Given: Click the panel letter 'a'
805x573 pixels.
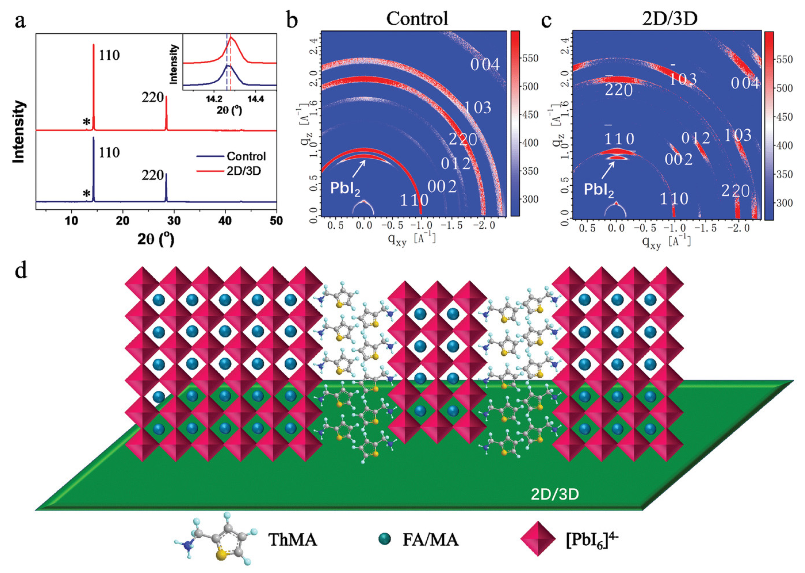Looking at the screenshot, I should (x=20, y=21).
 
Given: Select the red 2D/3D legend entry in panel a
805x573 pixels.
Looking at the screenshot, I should (x=243, y=171).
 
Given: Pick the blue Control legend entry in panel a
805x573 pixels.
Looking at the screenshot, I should (x=246, y=156).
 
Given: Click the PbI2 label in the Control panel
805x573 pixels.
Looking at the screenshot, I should (x=345, y=188).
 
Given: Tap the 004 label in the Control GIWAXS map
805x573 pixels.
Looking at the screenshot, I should (x=485, y=64).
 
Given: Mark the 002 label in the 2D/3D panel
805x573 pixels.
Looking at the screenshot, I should (x=678, y=159).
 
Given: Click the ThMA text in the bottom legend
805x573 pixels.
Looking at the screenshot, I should (x=292, y=540).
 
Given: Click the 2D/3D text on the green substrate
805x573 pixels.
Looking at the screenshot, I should (x=555, y=494).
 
